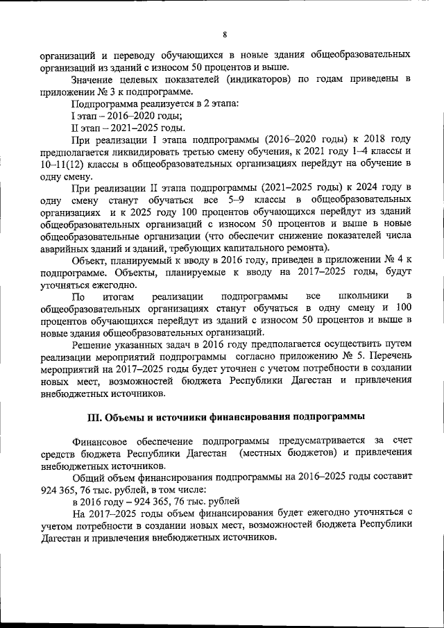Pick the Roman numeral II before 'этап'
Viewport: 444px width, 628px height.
tap(76, 127)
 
